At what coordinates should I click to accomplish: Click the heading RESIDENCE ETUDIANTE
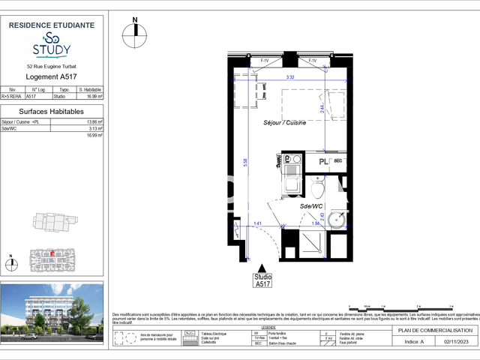coord(51,25)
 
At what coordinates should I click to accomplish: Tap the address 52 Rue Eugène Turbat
coord(51,67)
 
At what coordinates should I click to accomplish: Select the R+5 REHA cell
coord(13,96)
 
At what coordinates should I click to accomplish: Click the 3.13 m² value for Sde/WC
coord(95,128)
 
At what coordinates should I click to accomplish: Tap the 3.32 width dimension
coord(289,76)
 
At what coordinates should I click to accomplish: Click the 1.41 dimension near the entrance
coord(256,223)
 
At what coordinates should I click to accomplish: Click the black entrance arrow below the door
coord(262,268)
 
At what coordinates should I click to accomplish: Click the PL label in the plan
coord(324,161)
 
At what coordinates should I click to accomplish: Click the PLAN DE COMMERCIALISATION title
coord(436,330)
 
